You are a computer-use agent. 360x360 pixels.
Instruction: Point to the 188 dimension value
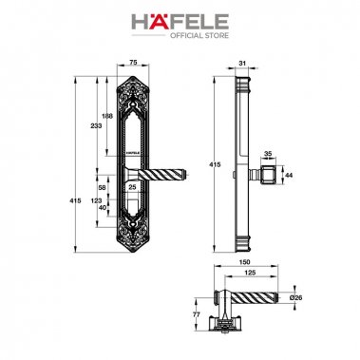107,116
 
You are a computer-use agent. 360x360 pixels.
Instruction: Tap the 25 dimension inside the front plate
132,187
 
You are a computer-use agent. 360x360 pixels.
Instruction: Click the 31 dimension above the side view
242,65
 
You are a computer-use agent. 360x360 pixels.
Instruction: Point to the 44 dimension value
289,174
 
